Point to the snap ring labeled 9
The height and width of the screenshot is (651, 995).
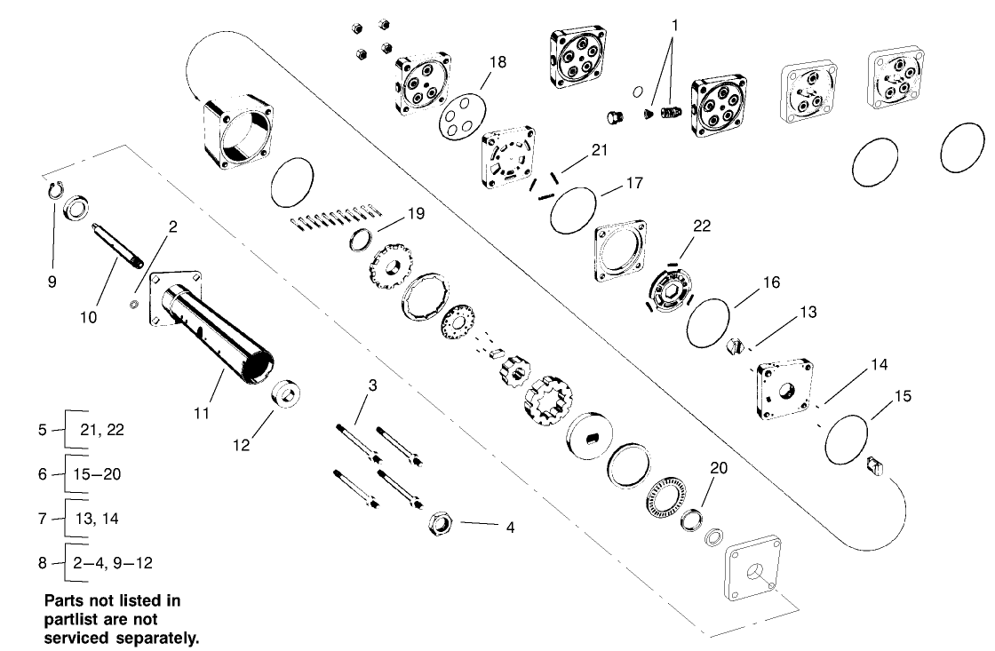pos(53,188)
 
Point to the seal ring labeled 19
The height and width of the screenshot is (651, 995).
pos(362,240)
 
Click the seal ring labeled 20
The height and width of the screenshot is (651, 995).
pos(692,519)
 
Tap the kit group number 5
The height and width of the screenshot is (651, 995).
pos(42,430)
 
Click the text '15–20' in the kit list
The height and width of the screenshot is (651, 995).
pos(100,473)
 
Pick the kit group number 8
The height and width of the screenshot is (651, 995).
pos(42,562)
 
